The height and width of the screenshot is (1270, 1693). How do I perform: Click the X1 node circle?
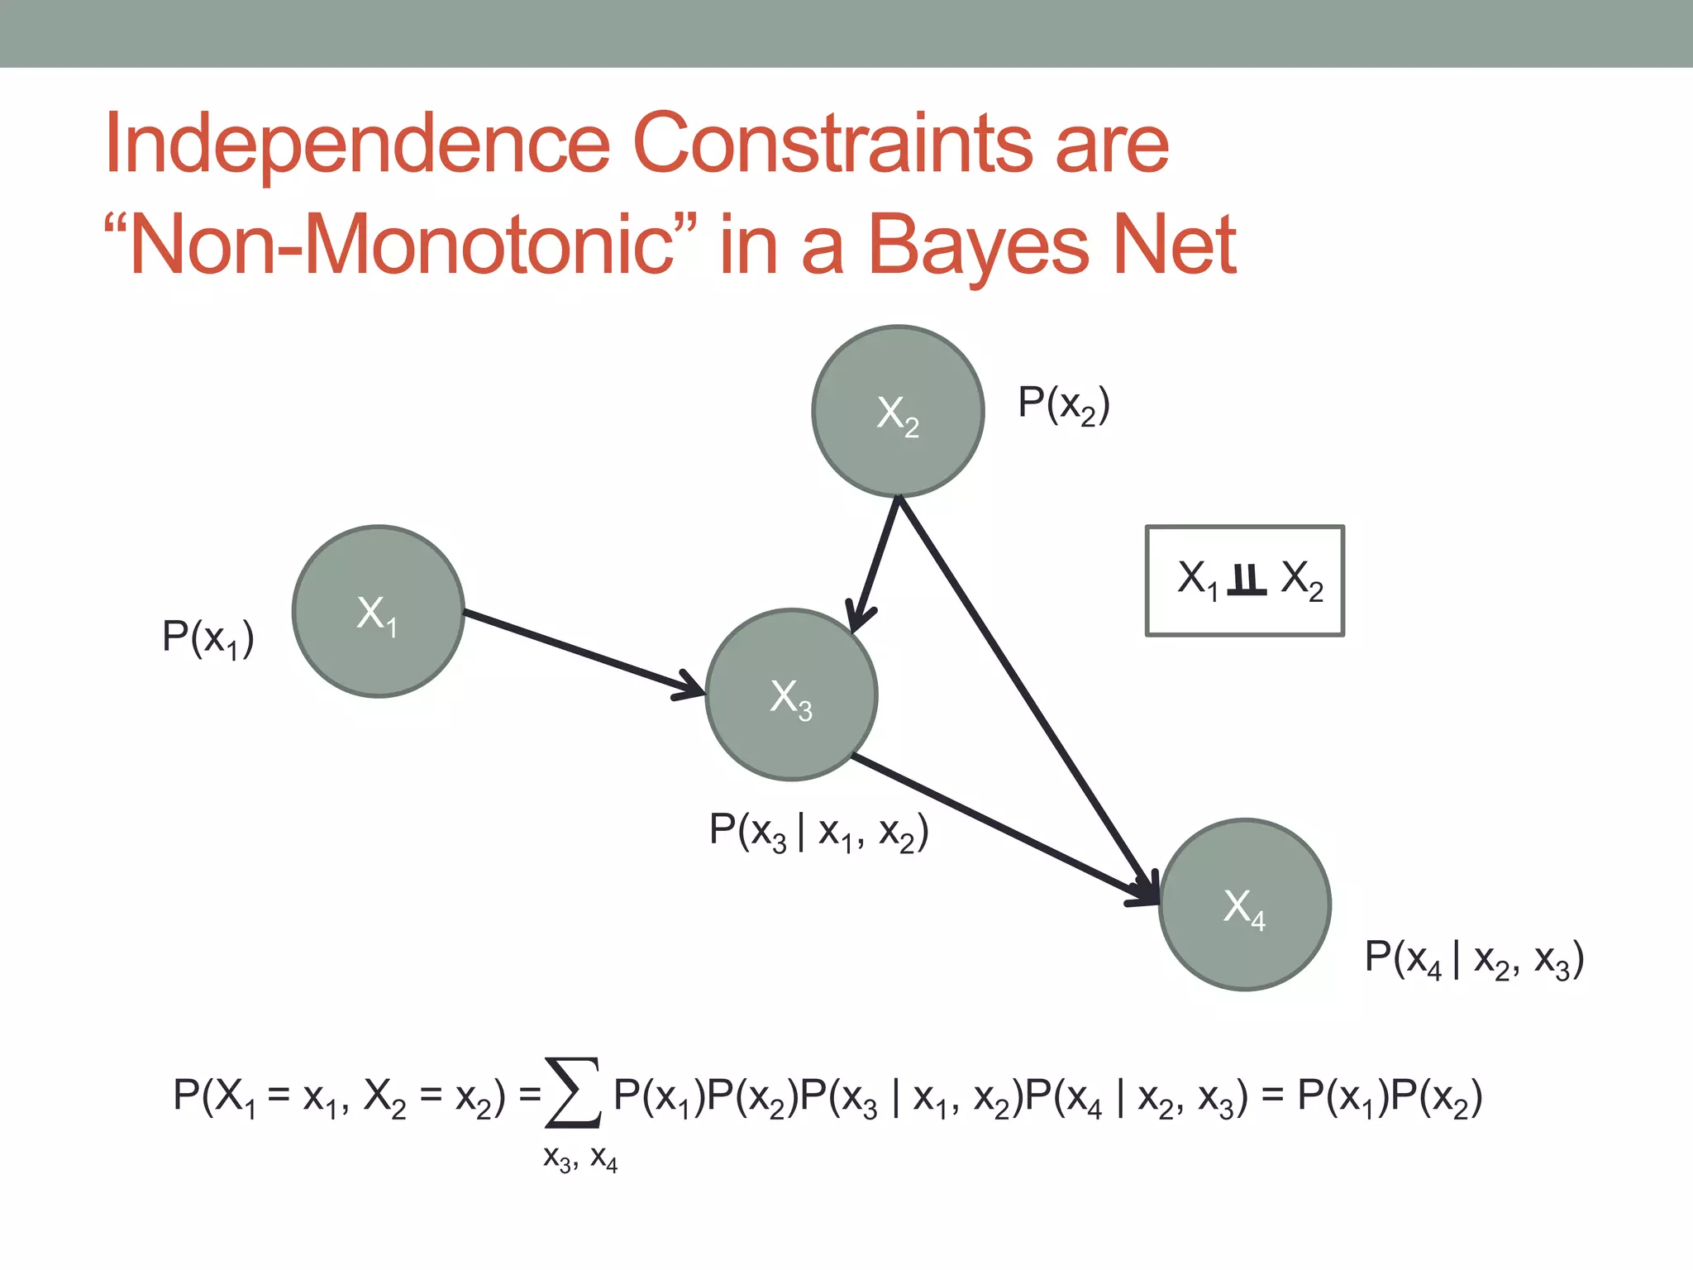pos(378,612)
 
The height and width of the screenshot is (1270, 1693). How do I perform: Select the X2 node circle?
pos(898,411)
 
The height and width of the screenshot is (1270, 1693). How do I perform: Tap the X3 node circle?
pos(791,695)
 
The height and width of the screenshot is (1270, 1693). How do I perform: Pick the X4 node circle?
pos(1244,905)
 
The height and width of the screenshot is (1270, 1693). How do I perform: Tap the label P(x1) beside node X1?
pos(207,638)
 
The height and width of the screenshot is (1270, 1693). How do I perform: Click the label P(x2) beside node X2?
pos(1063,404)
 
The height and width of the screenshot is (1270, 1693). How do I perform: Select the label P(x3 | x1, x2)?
pos(818,831)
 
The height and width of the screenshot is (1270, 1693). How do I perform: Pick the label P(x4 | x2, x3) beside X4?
pos(1474,959)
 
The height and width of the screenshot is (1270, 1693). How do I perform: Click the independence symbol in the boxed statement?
pos(1247,580)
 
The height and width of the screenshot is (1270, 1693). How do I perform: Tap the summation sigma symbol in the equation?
pos(572,1093)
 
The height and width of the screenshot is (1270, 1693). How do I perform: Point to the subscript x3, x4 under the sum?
pos(579,1158)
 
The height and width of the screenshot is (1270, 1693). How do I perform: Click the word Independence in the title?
pos(357,144)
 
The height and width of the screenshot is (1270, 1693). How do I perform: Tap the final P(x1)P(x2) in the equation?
pos(1390,1097)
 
